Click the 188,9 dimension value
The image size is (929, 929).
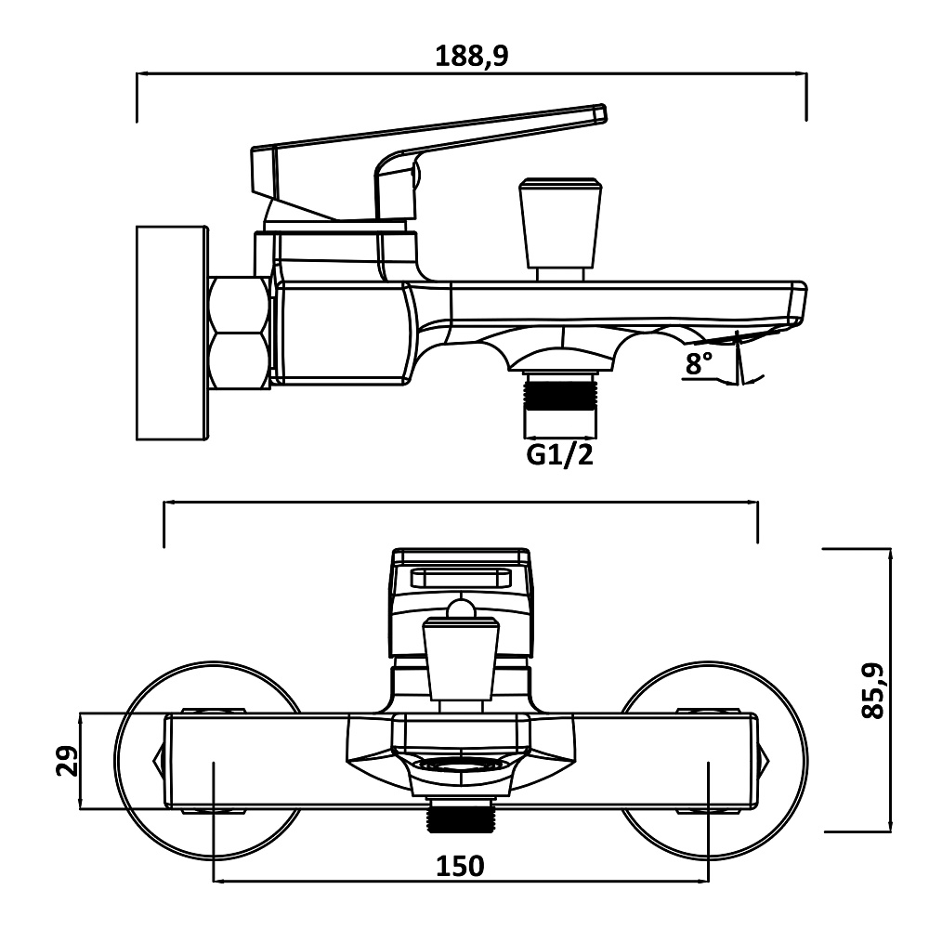(x=472, y=56)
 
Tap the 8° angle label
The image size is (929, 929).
(x=699, y=364)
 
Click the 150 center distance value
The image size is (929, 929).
(x=460, y=866)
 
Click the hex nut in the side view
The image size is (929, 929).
(x=240, y=332)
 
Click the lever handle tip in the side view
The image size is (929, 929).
(x=595, y=112)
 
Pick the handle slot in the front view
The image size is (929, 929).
(x=461, y=578)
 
